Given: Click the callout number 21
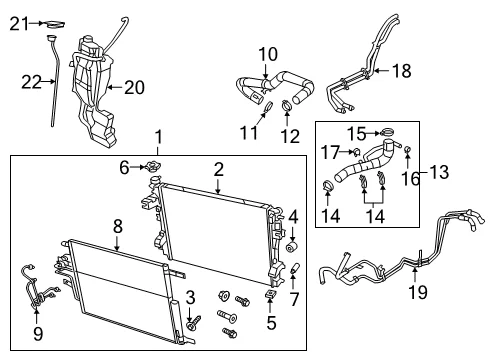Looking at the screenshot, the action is pos(19,24).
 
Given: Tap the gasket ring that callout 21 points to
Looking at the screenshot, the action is pos(54,24).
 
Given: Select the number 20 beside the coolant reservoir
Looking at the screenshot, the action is pos(134,87).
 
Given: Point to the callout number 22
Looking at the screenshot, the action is pos(31,82).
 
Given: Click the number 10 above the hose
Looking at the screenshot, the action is pos(268,54).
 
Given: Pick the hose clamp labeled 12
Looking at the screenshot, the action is pos(287,105).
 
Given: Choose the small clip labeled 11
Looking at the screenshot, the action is pos(269,106).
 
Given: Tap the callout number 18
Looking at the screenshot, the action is pos(402,71).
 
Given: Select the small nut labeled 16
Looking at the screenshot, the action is pos(407,149).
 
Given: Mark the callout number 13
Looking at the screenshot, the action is pos(439,172).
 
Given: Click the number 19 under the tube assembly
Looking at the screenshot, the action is pos(418,292).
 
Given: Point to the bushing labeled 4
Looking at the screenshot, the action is pos(292,247).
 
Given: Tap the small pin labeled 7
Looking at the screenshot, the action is pos(294,268).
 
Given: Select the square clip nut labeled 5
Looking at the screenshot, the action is pos(270,294).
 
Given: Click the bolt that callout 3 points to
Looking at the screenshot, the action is pos(194,323).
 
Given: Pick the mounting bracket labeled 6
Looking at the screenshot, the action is pos(153,166).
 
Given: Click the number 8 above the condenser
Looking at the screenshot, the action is pos(118,227).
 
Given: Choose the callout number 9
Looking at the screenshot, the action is pos(38,334).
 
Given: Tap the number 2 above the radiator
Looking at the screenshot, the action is pos(218,170).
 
